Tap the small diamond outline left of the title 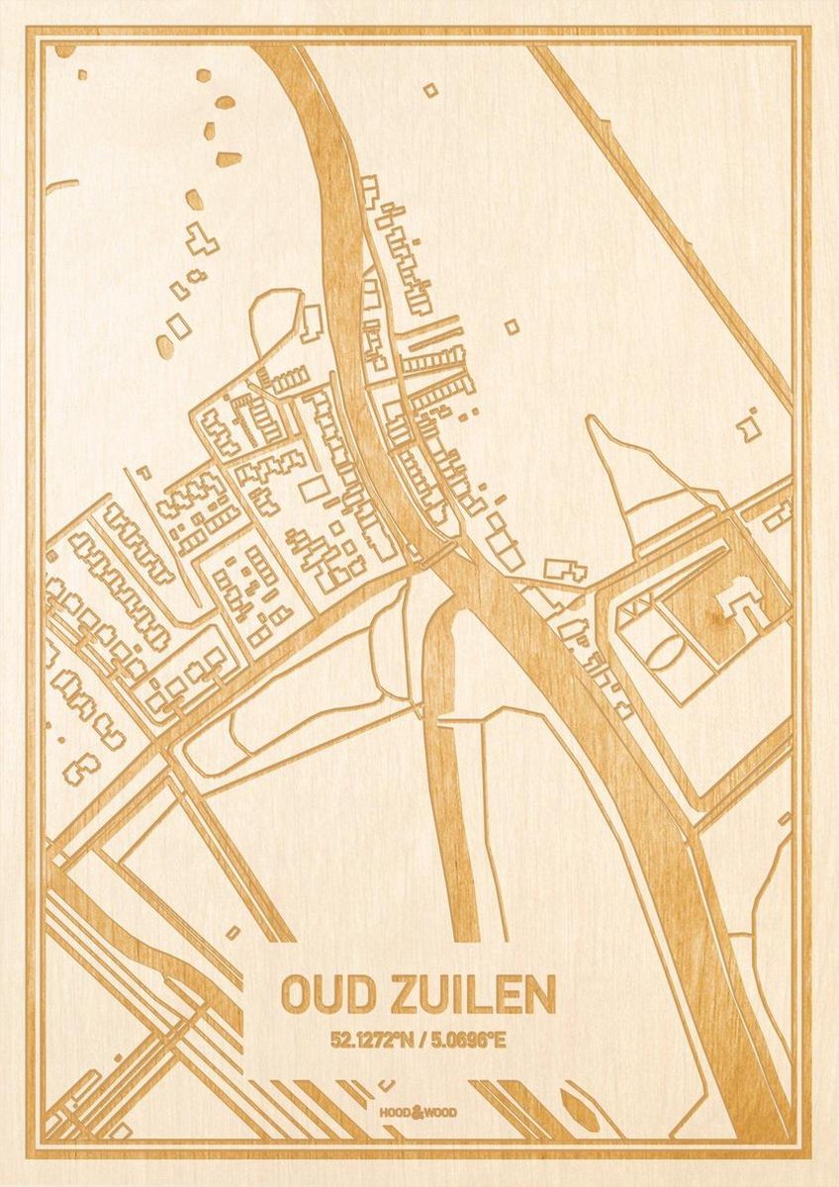click(x=233, y=933)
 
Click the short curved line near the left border click(x=62, y=184)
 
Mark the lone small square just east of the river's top click(x=430, y=90)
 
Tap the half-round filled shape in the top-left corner click(x=65, y=49)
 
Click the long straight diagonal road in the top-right click(x=663, y=218)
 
